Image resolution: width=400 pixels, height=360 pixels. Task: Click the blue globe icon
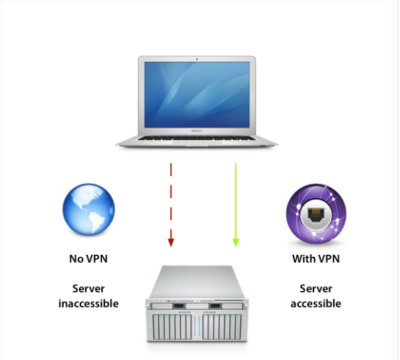click(88, 209)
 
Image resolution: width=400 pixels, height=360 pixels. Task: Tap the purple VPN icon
click(316, 213)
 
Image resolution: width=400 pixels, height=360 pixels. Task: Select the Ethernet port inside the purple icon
click(316, 214)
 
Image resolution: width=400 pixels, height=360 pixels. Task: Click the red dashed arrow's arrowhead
click(171, 243)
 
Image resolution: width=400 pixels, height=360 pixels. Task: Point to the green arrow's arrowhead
click(236, 243)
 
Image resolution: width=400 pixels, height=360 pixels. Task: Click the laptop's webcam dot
click(197, 59)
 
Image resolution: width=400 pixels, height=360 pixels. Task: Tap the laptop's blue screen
click(197, 95)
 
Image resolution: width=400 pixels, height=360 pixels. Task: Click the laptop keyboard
click(197, 138)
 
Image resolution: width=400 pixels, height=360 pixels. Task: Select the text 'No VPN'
click(88, 259)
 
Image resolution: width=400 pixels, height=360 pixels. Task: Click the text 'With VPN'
click(316, 259)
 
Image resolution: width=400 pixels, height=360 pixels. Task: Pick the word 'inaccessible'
click(88, 304)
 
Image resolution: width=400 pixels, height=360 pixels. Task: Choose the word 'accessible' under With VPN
click(316, 304)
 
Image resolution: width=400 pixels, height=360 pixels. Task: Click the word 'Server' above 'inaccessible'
click(88, 289)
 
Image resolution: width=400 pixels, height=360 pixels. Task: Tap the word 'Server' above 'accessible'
click(316, 289)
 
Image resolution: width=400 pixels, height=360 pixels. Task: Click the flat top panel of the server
click(197, 282)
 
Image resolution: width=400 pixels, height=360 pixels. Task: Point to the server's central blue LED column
click(197, 326)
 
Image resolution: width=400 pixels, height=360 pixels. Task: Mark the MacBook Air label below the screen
click(197, 131)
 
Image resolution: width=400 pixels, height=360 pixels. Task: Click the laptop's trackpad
click(197, 143)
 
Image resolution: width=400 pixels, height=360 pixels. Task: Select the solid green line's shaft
click(236, 201)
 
